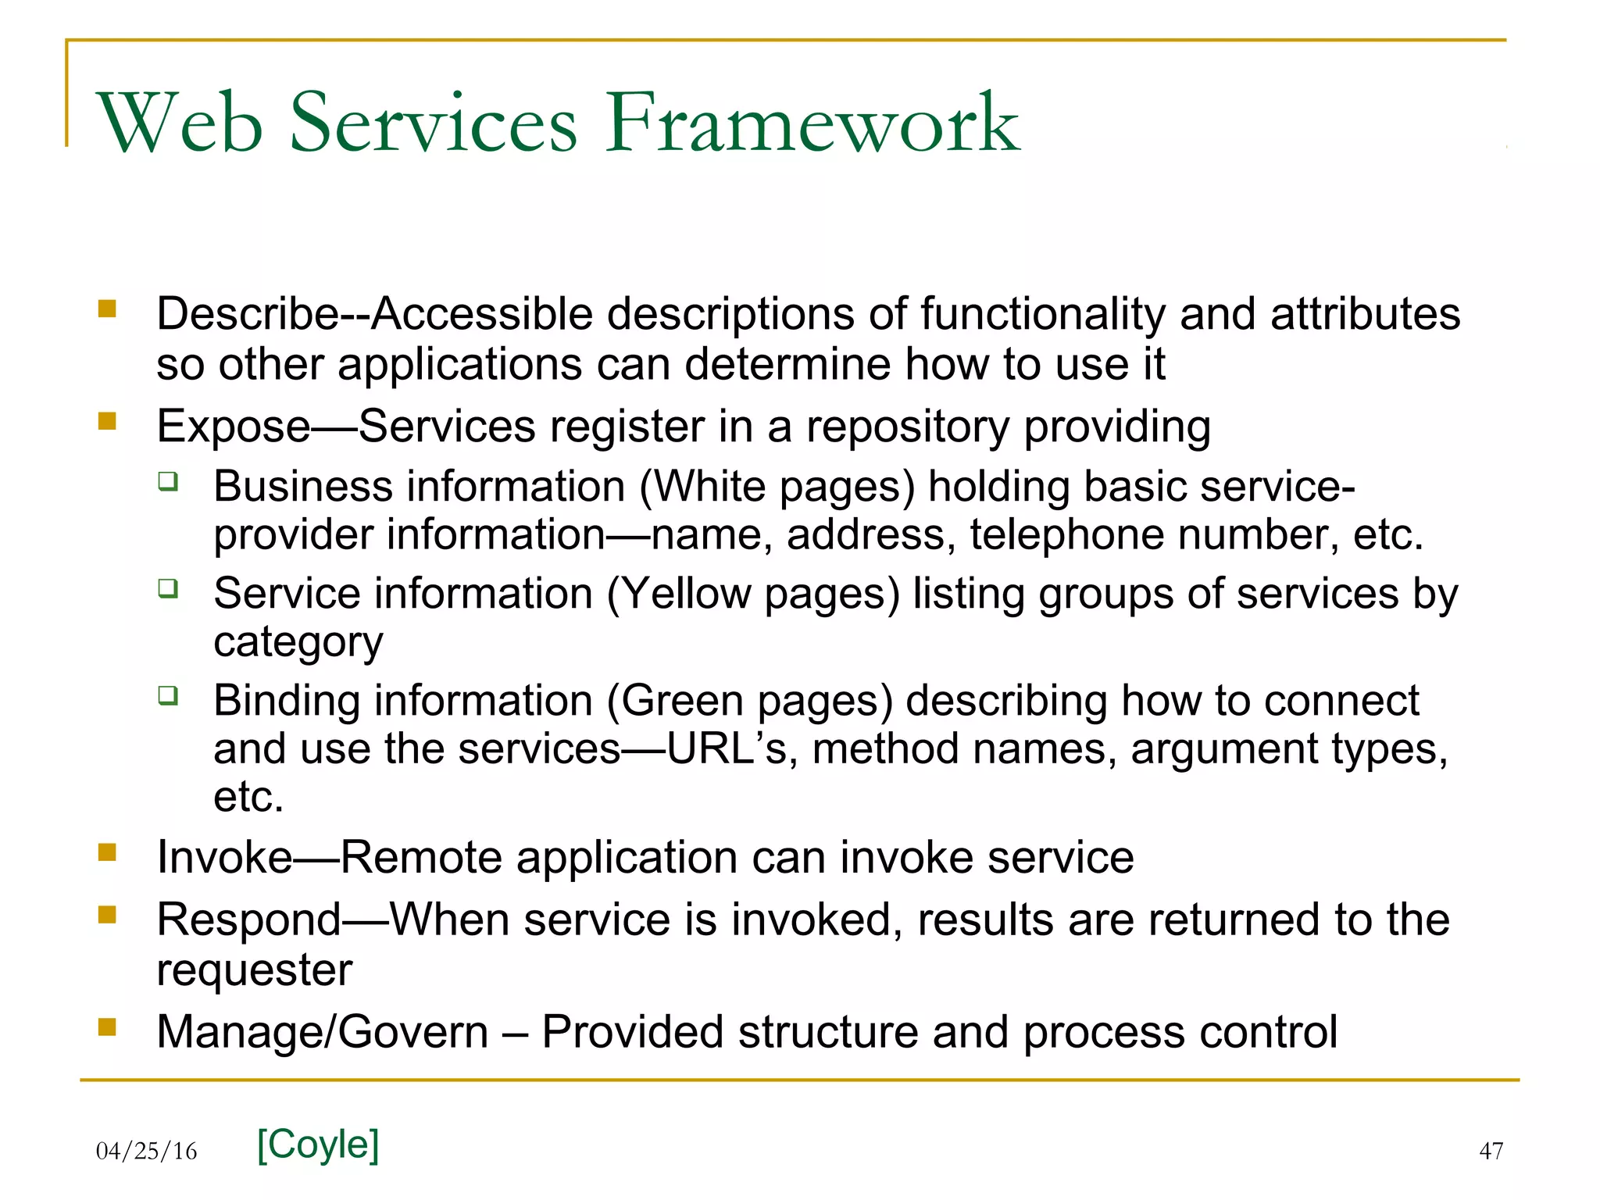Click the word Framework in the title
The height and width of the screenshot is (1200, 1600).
coord(812,123)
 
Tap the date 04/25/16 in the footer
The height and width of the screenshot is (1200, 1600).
coord(147,1151)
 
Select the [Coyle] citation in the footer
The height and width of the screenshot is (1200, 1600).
coord(318,1145)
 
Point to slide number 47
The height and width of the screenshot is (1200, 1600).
coord(1491,1151)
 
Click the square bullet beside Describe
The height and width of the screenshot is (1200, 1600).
coord(107,309)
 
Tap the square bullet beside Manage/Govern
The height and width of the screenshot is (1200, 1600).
coord(107,1026)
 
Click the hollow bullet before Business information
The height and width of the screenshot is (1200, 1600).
coord(168,480)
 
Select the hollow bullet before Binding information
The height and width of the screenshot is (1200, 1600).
coord(168,695)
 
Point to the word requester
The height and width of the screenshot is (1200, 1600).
coord(255,970)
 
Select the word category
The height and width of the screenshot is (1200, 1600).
coord(298,642)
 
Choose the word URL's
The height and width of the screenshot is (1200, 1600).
coord(727,748)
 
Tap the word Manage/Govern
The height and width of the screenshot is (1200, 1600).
coord(323,1032)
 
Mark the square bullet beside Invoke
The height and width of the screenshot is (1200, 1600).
coord(107,852)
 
